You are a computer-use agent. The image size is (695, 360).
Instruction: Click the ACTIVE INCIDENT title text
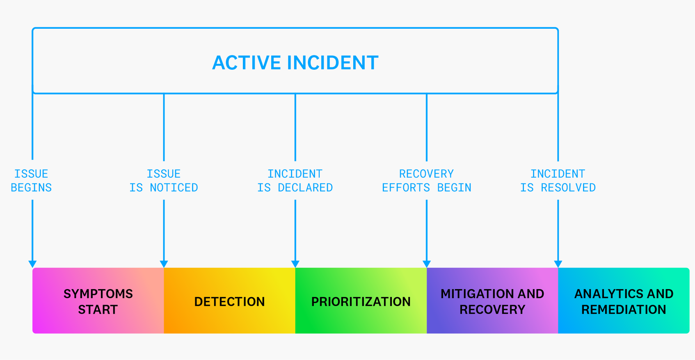pos(295,63)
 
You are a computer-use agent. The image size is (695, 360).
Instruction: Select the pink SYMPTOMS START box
pos(98,301)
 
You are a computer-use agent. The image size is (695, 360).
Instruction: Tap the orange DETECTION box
pos(229,301)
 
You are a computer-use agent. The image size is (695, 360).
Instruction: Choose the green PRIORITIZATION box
pos(361,301)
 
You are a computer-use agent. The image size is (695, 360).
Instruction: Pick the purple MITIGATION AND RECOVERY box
pos(492,301)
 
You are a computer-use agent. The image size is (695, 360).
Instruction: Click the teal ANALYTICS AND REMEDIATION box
pos(624,301)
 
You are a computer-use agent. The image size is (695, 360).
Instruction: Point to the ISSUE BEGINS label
pos(31,180)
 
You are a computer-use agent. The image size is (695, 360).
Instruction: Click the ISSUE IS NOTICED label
pos(164,180)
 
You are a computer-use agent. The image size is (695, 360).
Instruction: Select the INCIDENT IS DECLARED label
pos(295,180)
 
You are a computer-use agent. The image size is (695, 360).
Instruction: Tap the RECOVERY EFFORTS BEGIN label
pos(426,180)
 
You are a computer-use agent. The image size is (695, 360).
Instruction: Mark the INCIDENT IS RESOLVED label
pos(558,180)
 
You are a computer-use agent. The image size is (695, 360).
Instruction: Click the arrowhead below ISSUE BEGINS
pos(32,264)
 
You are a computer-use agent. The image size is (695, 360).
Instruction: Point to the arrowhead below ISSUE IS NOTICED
pos(164,264)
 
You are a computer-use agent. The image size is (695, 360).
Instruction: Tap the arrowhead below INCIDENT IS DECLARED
pos(295,264)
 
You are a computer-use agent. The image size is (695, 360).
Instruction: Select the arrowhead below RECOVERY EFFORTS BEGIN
pos(427,264)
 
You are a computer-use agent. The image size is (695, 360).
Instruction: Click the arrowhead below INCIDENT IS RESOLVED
pos(558,264)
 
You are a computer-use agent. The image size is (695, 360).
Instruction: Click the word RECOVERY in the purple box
pos(492,310)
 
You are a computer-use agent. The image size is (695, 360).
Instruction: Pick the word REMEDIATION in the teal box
pos(624,310)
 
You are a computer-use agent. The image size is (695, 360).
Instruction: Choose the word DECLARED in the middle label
pos(305,188)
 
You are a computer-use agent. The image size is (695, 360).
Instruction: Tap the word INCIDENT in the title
pos(332,63)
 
